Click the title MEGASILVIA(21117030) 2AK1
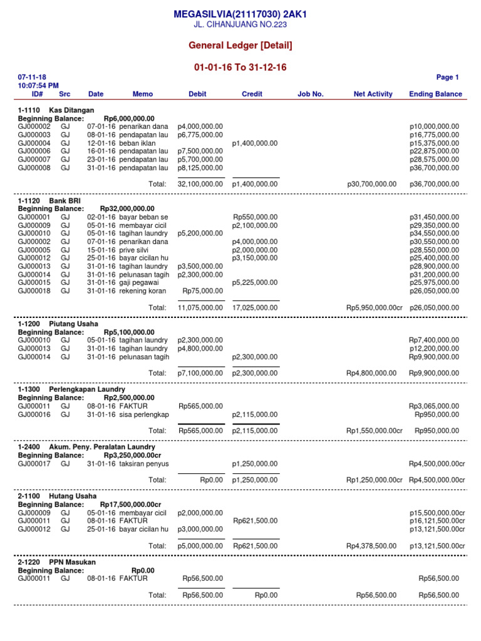tap(241, 14)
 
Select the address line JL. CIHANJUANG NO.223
tap(241, 25)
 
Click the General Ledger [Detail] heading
tap(241, 46)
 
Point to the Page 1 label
tap(447, 78)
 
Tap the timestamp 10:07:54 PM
tap(39, 86)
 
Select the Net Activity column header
tap(373, 94)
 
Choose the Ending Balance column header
tap(435, 94)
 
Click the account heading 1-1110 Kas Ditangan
tap(56, 110)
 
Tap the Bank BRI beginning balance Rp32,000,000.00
tap(127, 208)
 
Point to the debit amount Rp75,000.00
tap(202, 291)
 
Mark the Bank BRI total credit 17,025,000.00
tap(255, 307)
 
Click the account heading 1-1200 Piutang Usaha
tap(58, 324)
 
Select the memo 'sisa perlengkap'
tap(143, 414)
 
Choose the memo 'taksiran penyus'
tap(143, 464)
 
